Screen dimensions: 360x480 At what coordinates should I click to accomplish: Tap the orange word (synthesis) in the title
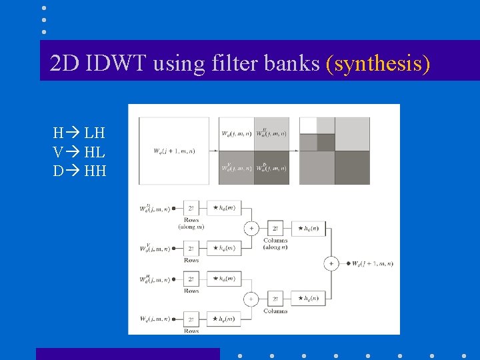[378, 64]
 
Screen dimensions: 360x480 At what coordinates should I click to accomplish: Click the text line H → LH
[79, 133]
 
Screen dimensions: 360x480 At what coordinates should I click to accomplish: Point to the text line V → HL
[79, 152]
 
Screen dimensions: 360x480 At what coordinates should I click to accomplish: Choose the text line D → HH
[79, 171]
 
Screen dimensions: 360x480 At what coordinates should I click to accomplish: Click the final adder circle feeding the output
[331, 263]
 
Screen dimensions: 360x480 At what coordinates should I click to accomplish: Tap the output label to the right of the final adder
[371, 263]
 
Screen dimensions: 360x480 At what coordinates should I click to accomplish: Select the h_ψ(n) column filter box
[309, 227]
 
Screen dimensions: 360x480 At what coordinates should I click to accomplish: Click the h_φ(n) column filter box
[309, 299]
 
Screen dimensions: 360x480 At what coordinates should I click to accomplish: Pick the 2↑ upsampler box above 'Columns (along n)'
[275, 227]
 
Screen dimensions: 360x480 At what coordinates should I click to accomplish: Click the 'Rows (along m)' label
[191, 223]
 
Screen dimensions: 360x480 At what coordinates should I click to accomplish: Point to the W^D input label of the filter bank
[154, 208]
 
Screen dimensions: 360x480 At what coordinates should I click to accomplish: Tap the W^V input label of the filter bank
[154, 248]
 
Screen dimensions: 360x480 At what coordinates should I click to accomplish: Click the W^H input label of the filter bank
[154, 279]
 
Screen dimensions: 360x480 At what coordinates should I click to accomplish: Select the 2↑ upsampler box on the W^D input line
[191, 208]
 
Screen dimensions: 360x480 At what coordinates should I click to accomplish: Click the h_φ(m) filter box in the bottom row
[224, 320]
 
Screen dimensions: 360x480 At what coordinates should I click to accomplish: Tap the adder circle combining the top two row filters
[251, 228]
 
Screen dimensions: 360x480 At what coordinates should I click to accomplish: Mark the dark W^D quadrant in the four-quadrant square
[271, 167]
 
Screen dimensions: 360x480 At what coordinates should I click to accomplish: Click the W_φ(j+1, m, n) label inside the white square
[174, 151]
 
